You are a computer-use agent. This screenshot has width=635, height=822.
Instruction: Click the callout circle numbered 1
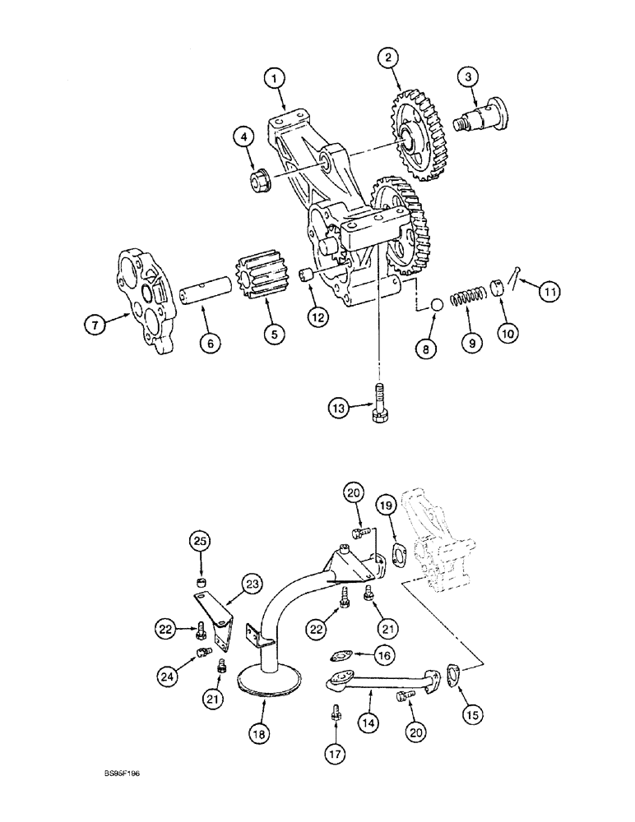275,78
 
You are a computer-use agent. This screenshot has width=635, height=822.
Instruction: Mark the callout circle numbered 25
202,543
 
